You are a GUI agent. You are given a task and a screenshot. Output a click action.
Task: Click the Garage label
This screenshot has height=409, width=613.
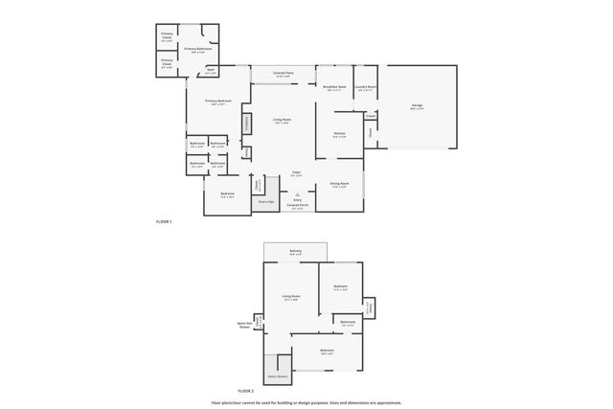click(417, 105)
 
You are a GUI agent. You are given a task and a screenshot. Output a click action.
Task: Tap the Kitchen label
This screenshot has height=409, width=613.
click(339, 134)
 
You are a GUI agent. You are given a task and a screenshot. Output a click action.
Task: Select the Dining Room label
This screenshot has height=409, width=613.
click(339, 184)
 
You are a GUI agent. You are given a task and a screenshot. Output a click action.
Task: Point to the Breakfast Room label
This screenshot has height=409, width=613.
click(334, 87)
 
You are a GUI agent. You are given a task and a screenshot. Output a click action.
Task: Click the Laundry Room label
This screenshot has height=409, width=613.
click(365, 87)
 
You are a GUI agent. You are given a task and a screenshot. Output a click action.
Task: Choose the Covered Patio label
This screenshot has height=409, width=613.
click(283, 73)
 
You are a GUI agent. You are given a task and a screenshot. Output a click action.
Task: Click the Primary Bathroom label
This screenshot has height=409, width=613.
click(197, 49)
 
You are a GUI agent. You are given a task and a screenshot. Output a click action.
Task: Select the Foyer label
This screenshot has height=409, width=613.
click(297, 173)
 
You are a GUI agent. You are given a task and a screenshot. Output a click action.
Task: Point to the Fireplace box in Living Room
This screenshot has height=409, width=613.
click(247, 124)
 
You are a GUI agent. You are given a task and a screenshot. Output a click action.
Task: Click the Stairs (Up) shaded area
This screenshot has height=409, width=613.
click(262, 202)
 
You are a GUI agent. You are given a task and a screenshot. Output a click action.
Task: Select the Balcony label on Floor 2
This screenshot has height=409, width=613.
click(296, 251)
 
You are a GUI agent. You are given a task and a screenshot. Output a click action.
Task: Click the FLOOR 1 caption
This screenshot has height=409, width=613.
click(164, 221)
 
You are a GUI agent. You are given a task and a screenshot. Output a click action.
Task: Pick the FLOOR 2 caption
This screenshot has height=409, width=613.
click(245, 391)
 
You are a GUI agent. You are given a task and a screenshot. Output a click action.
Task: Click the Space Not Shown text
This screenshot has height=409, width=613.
click(244, 325)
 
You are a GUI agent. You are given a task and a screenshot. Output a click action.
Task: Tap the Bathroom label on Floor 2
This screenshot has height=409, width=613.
click(348, 323)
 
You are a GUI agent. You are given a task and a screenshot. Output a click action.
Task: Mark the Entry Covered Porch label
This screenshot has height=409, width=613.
click(297, 203)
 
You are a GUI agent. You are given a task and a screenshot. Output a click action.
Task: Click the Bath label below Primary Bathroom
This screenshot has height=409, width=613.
click(211, 71)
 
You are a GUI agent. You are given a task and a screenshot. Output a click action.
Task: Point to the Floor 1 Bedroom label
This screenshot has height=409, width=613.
click(227, 194)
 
